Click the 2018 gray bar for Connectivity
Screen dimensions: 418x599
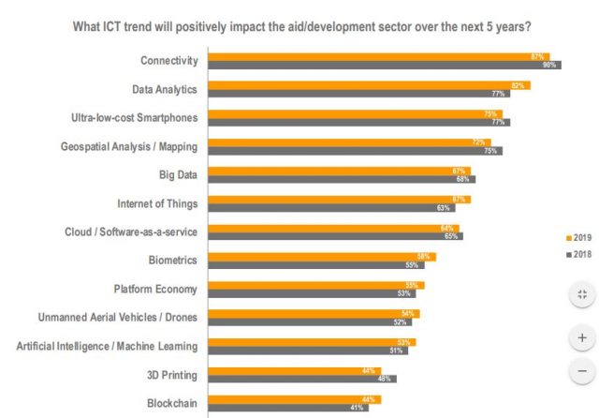point(384,65)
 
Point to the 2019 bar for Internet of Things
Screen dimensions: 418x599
point(338,199)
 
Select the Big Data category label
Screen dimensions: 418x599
point(178,175)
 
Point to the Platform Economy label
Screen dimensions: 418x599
point(155,289)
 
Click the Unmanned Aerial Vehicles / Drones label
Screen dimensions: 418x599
point(118,318)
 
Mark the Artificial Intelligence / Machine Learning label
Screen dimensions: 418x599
point(108,346)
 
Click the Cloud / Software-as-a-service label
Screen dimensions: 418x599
point(130,231)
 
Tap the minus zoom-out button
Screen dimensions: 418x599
point(581,370)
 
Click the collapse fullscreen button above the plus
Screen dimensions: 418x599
point(581,294)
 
